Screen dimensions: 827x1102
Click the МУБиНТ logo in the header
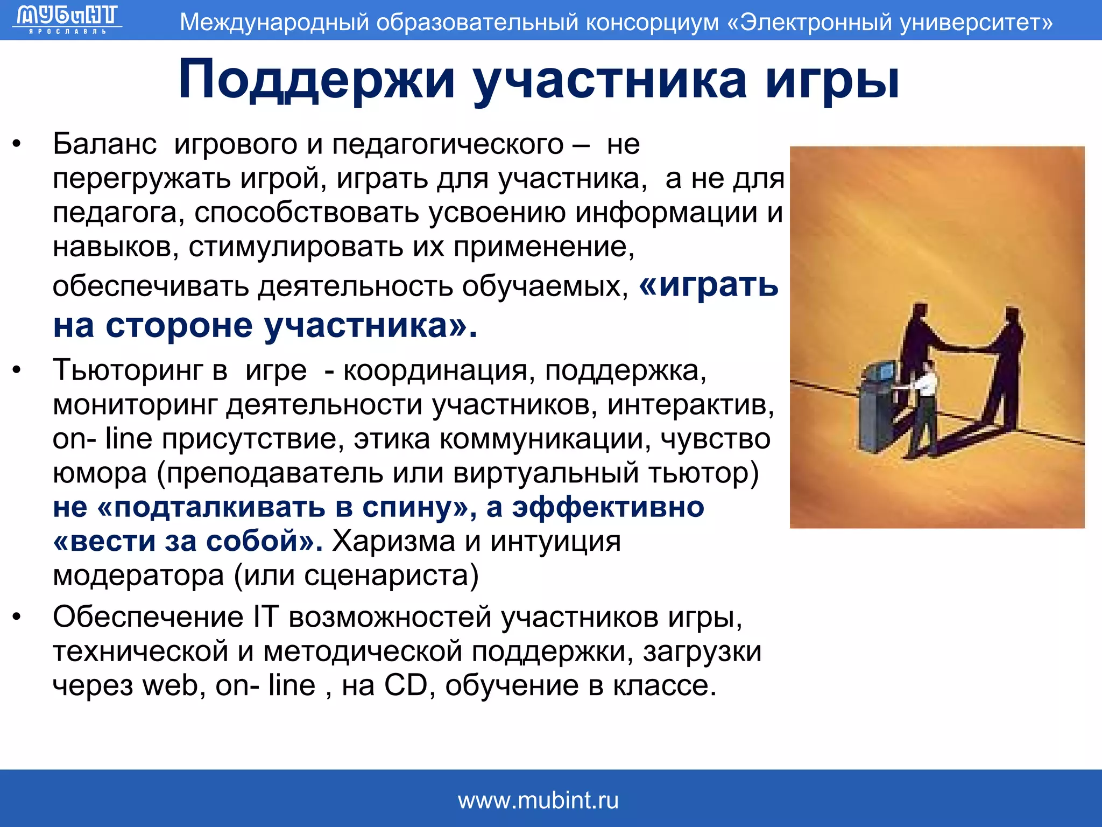(x=67, y=19)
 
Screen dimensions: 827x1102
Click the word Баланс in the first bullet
(x=104, y=144)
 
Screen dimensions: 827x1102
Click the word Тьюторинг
(x=126, y=370)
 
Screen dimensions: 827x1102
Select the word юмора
(x=100, y=473)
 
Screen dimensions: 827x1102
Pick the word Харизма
(x=393, y=541)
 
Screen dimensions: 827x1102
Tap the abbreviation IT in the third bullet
(x=266, y=616)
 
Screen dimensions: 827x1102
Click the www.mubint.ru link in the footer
(x=538, y=801)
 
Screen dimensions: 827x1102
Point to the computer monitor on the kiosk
(x=884, y=372)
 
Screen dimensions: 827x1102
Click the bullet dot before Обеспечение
(x=17, y=617)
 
